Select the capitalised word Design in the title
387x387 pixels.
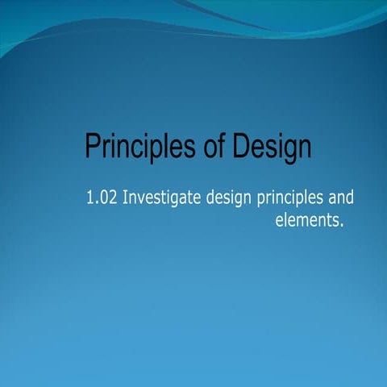tap(269, 148)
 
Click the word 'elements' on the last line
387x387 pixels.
tap(302, 219)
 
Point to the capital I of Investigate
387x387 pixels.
tap(124, 198)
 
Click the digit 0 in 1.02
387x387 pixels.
tap(103, 198)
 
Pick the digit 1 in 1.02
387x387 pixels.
tap(89, 198)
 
